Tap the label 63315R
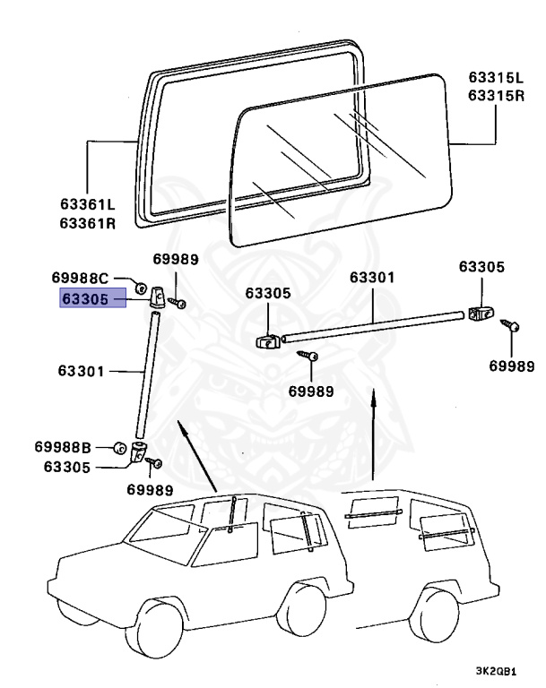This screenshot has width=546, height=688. (x=494, y=96)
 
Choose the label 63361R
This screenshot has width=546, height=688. (x=88, y=223)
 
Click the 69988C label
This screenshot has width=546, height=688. (x=79, y=278)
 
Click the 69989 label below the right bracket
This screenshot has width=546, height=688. (x=510, y=365)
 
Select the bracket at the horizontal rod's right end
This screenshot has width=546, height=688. (x=480, y=314)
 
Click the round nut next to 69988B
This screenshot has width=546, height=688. (x=118, y=446)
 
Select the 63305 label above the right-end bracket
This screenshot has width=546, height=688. (x=481, y=266)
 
